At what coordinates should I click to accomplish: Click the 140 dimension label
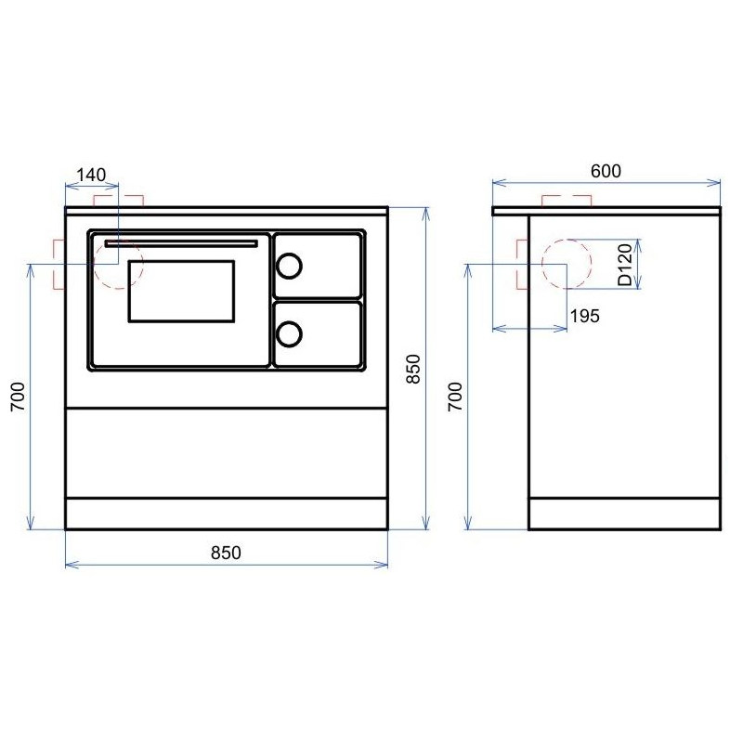click(91, 175)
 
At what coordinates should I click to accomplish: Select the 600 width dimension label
click(606, 171)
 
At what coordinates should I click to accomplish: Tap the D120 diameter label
click(625, 265)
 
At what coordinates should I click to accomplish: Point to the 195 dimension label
click(585, 316)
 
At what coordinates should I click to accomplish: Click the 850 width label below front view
click(226, 553)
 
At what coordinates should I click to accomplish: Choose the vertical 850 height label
click(413, 369)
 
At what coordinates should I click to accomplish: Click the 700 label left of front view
click(18, 397)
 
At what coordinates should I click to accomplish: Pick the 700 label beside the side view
click(455, 397)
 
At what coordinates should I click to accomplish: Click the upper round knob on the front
click(289, 266)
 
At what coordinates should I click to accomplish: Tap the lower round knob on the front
click(289, 334)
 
